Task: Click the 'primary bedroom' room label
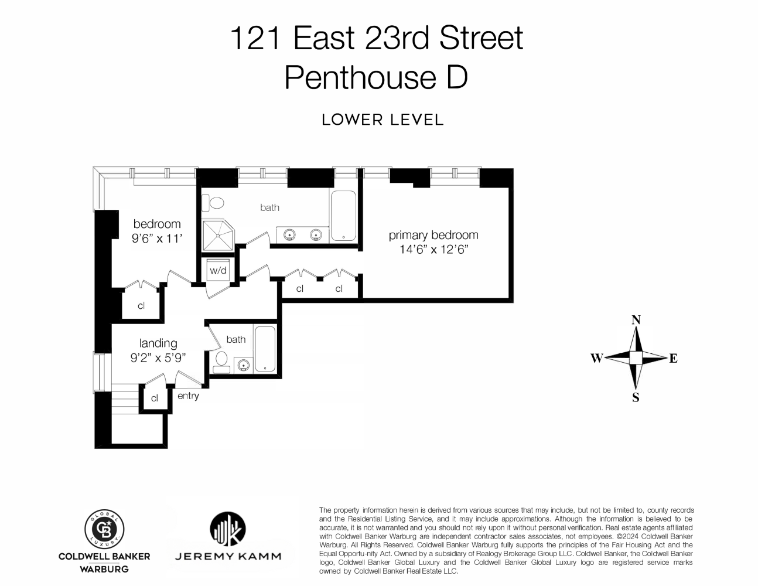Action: tap(433, 235)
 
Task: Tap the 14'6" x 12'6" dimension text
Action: tap(433, 250)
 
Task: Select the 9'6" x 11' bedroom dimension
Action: tap(156, 239)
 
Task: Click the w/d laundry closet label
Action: tap(218, 271)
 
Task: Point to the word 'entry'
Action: tap(188, 396)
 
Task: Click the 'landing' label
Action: tap(158, 343)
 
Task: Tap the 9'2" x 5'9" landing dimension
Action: tap(158, 357)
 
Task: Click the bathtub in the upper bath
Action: tap(343, 216)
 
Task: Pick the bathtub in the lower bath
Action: tap(265, 349)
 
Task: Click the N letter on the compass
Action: tap(636, 320)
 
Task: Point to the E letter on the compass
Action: tap(673, 359)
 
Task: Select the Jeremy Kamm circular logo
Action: tap(227, 530)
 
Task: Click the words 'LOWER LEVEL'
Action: tap(383, 120)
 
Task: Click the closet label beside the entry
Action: tap(154, 398)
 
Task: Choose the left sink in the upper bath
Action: tap(289, 235)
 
